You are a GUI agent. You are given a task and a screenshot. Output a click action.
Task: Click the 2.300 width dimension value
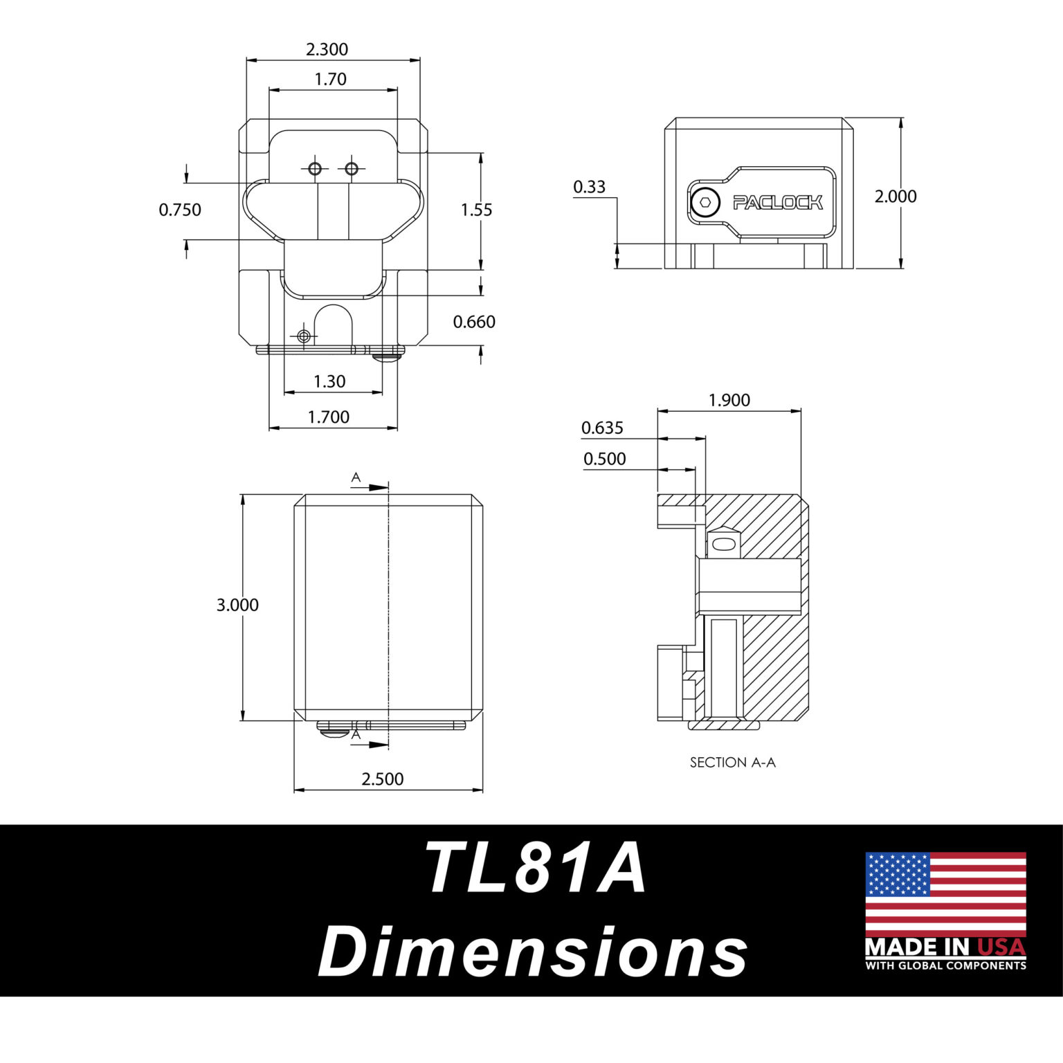coord(327,50)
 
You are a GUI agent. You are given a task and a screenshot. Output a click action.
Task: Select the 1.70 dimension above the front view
coord(330,80)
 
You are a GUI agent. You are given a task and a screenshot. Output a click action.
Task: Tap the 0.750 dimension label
coord(180,210)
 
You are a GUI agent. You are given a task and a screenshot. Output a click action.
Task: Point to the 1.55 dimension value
coord(477,210)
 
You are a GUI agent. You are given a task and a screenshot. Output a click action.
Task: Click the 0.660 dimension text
coord(474,322)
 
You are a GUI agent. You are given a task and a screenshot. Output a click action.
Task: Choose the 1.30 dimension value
coord(329,381)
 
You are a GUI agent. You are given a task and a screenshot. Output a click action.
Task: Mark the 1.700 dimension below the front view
coord(329,417)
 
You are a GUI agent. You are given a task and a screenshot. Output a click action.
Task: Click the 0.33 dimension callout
coord(589,187)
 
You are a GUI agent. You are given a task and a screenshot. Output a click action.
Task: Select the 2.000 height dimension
coord(896,197)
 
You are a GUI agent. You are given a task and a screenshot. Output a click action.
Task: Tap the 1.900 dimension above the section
coord(729,401)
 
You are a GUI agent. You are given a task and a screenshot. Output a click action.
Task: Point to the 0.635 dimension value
coord(602,428)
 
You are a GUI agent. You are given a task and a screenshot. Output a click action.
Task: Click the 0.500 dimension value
coord(604,459)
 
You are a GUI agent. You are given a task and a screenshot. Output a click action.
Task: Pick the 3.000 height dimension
coord(237,605)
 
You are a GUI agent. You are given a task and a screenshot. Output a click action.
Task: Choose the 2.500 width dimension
coord(383,779)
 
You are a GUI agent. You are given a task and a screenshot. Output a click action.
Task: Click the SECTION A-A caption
coord(733,763)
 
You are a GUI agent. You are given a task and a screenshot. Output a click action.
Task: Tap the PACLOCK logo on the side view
coord(778,203)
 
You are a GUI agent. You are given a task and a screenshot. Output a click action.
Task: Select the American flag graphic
coord(945,894)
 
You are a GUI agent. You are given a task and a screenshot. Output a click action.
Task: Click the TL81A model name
coord(536,869)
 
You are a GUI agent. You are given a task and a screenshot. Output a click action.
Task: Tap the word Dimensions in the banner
coord(533,952)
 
